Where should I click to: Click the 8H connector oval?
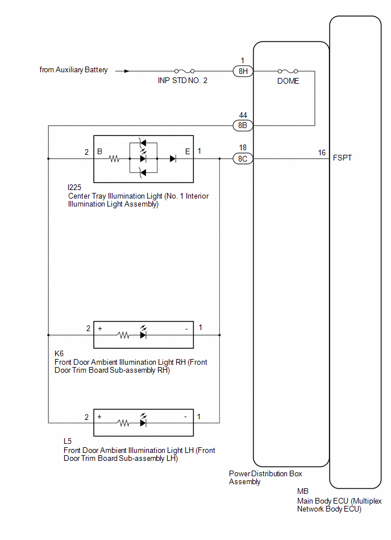(x=243, y=71)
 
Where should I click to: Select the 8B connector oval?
(x=243, y=125)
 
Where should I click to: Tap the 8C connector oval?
(x=243, y=159)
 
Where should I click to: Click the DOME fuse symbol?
(x=288, y=71)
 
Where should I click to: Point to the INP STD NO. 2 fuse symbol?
(x=184, y=71)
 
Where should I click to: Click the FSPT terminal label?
(x=342, y=158)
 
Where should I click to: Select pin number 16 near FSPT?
(x=322, y=152)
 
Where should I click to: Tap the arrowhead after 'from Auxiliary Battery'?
(x=127, y=71)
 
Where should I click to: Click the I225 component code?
(x=74, y=187)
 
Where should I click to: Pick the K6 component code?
(x=59, y=354)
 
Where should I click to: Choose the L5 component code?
(x=68, y=441)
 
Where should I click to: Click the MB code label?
(x=302, y=492)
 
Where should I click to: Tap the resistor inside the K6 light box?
(x=123, y=335)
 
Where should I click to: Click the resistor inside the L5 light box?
(x=123, y=423)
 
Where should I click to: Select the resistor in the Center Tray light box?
(x=114, y=159)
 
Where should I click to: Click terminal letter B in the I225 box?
(x=99, y=151)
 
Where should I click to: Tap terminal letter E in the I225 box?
(x=188, y=151)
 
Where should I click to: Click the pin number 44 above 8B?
(x=243, y=115)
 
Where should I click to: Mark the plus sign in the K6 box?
(x=99, y=328)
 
